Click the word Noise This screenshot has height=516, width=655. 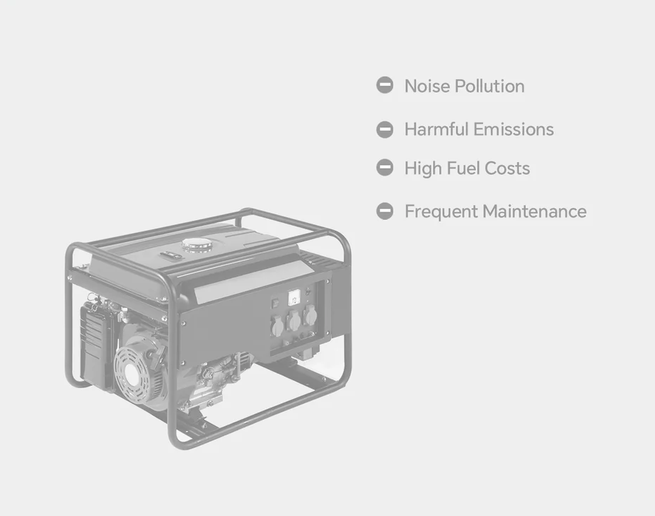click(427, 86)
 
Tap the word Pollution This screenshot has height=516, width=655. click(489, 86)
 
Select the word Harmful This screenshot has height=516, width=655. click(436, 130)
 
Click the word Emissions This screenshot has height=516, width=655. click(514, 130)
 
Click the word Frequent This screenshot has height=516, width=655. click(441, 212)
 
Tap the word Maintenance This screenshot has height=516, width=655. click(535, 211)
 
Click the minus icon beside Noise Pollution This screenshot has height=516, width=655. click(385, 86)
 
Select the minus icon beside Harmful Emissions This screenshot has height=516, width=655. click(385, 130)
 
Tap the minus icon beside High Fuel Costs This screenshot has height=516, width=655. click(385, 168)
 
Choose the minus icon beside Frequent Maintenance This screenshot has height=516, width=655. click(385, 211)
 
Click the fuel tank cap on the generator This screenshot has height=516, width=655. click(197, 245)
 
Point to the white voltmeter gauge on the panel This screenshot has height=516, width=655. click(294, 298)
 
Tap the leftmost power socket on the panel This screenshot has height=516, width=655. click(278, 326)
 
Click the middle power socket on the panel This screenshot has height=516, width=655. click(294, 321)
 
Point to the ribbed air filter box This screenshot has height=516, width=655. click(98, 347)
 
